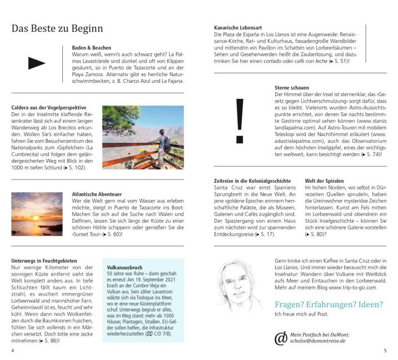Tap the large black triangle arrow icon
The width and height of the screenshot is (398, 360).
[x=37, y=63]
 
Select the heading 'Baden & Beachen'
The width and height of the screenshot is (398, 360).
[x=91, y=48]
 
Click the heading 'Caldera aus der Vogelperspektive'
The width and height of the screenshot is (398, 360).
[x=48, y=107]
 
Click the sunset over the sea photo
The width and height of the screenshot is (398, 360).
[x=37, y=214]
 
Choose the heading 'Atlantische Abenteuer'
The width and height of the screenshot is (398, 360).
[x=97, y=194]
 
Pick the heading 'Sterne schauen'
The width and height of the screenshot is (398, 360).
[x=291, y=88]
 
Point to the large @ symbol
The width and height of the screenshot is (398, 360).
[x=281, y=337]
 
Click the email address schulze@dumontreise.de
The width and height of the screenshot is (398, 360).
[x=320, y=341]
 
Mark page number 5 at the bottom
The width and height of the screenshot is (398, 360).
[x=385, y=351]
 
